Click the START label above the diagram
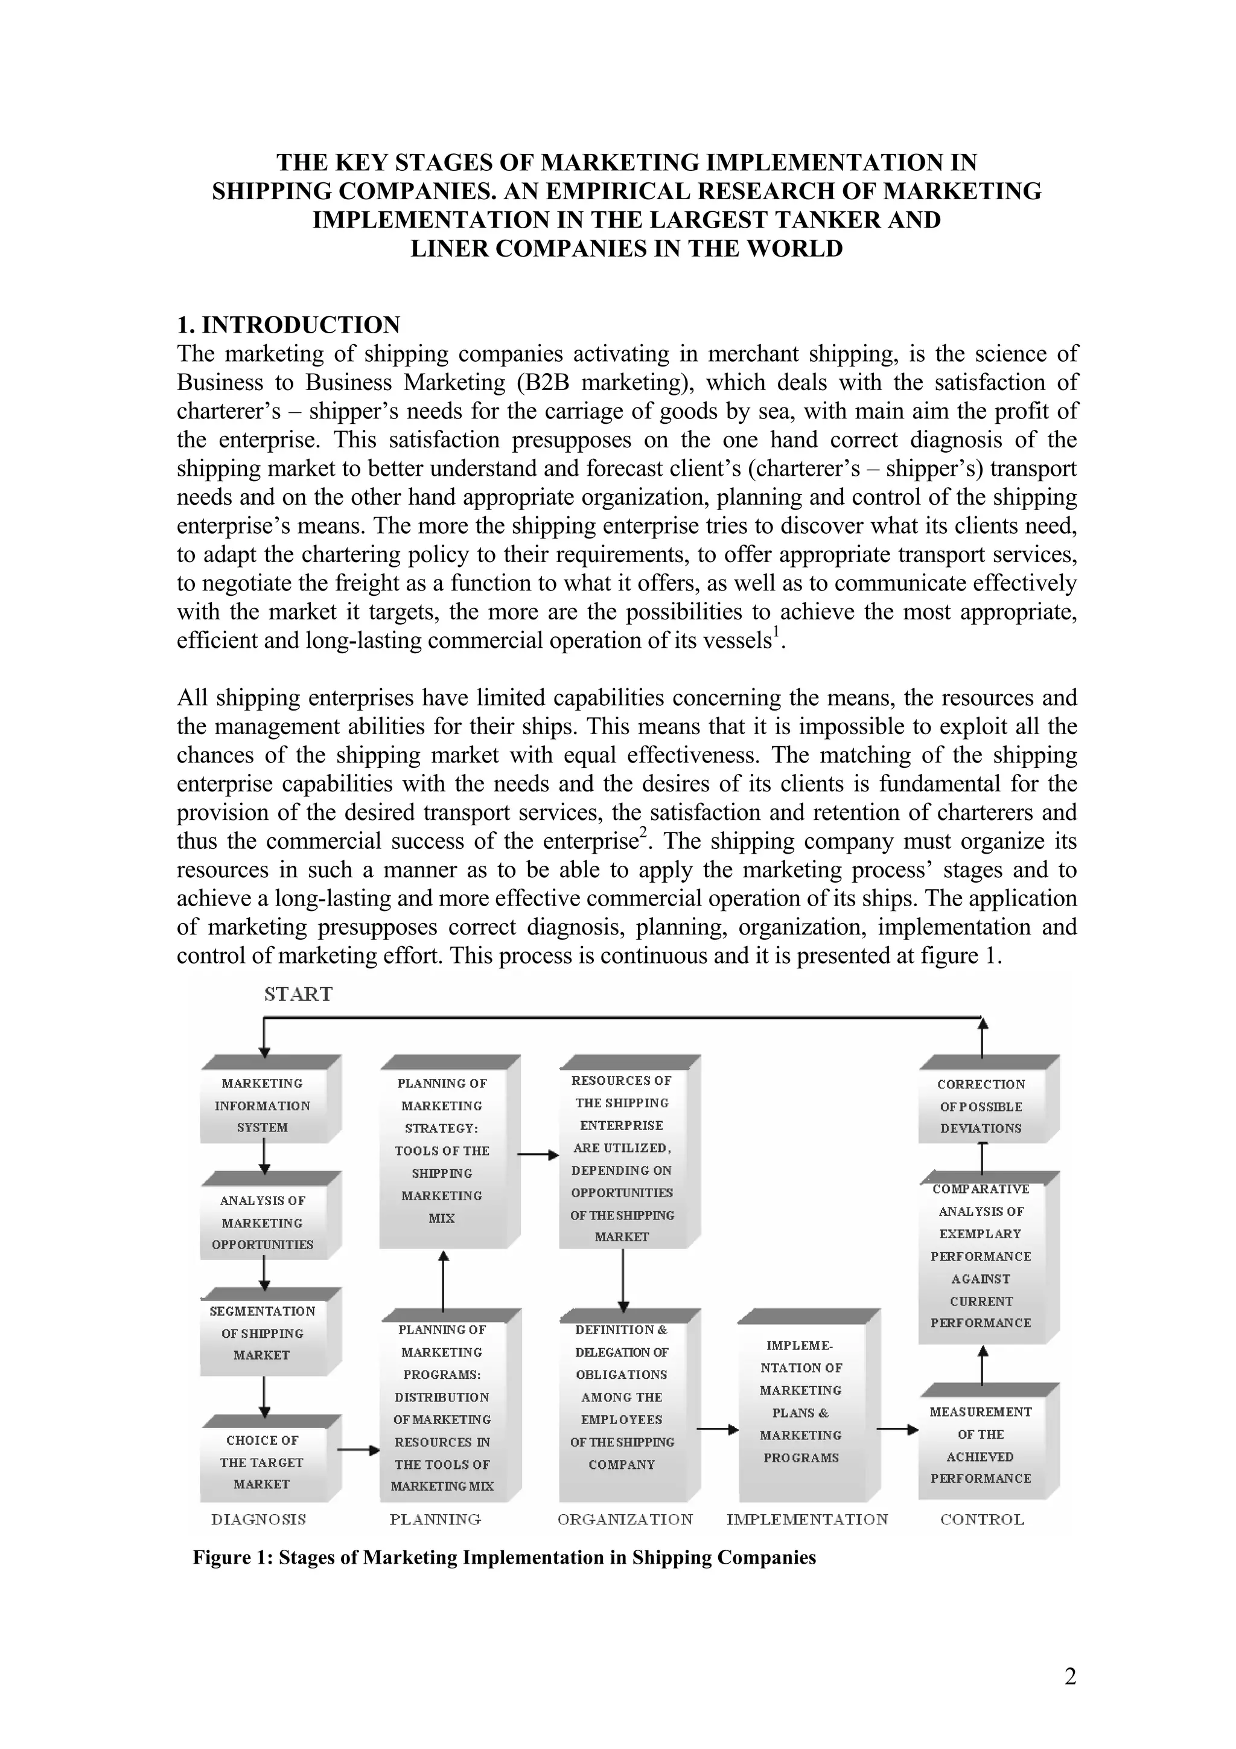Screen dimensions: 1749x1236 [298, 994]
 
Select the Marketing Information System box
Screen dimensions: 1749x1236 [263, 1105]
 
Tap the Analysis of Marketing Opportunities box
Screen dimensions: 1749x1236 [263, 1222]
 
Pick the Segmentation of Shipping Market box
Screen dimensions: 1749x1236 [263, 1333]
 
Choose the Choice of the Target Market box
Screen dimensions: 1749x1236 [263, 1462]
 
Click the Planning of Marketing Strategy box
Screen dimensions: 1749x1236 [442, 1150]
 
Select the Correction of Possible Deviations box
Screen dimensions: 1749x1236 [981, 1106]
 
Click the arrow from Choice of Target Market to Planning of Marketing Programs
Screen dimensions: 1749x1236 [358, 1450]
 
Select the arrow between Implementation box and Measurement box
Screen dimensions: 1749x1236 [898, 1430]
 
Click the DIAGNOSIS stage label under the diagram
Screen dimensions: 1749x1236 [259, 1519]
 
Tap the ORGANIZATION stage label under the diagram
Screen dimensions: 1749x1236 [625, 1519]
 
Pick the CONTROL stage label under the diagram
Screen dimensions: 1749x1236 [983, 1519]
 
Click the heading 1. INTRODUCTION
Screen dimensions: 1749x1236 [288, 325]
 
